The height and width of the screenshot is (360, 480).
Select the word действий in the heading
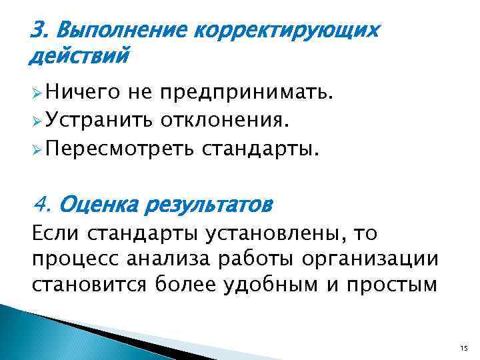77,57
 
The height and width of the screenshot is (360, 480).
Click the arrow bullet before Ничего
36,96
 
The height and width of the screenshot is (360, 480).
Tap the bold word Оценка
97,201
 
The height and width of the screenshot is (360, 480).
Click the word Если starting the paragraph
52,233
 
